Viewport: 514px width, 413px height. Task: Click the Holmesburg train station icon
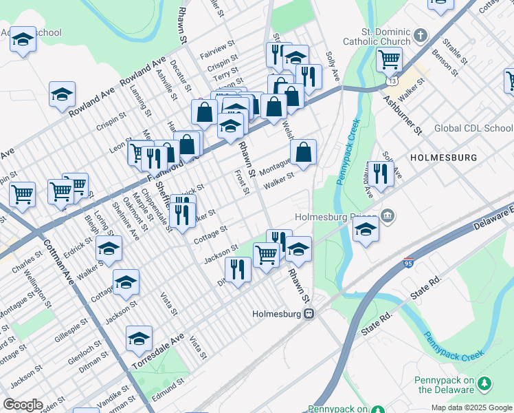click(309, 314)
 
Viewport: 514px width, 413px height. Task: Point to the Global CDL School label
click(473, 128)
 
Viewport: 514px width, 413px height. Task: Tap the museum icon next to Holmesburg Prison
click(388, 216)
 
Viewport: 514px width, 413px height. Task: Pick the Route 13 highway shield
click(390, 81)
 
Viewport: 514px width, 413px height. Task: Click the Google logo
click(23, 404)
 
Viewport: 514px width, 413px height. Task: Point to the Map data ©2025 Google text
click(471, 407)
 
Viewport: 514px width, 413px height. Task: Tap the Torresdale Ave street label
click(159, 351)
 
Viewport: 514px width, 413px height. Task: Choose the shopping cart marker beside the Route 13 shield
click(389, 60)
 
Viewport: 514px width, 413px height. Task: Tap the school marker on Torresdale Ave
click(139, 338)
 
